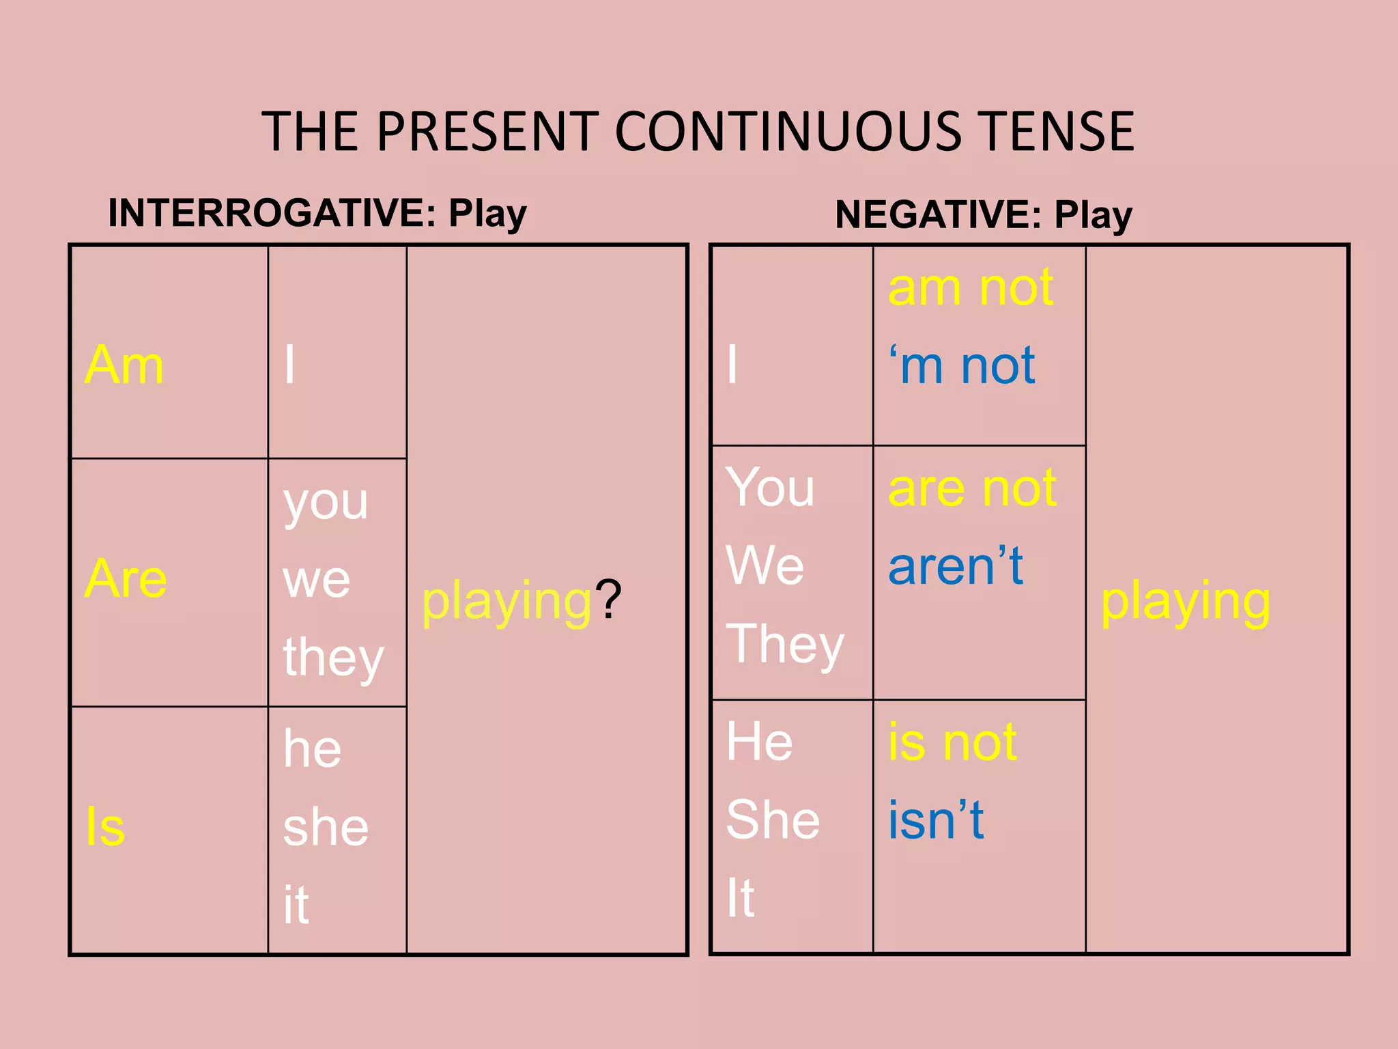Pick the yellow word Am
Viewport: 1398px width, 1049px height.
click(x=124, y=365)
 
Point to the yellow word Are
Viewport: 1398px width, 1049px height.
click(x=126, y=579)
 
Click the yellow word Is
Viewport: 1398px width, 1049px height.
click(x=105, y=827)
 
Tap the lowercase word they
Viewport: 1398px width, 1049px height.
click(x=333, y=657)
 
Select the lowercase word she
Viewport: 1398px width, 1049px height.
click(x=326, y=827)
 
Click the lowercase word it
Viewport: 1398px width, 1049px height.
click(x=296, y=905)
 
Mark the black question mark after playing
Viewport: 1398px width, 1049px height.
click(x=608, y=600)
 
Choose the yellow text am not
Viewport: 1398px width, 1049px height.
click(x=971, y=288)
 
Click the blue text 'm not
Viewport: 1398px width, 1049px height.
click(x=962, y=365)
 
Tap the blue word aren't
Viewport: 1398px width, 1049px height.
click(x=956, y=566)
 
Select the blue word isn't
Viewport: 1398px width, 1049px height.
click(x=936, y=820)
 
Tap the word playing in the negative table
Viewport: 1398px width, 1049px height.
click(x=1186, y=602)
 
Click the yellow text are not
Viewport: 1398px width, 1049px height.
click(x=972, y=488)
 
